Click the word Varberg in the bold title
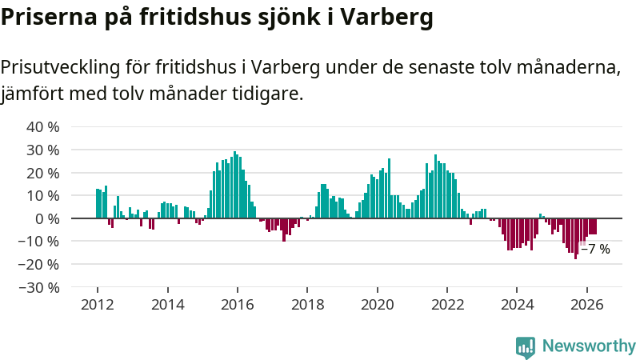click(386, 18)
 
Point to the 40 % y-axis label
click(43, 127)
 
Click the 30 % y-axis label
click(43, 150)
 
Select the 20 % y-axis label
click(43, 173)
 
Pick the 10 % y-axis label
click(43, 196)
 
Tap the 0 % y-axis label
click(47, 218)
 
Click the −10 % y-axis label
click(38, 242)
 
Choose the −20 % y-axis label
click(38, 265)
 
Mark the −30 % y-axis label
click(38, 288)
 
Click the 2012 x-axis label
click(97, 305)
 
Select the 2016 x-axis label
click(237, 305)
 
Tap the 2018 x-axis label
click(307, 305)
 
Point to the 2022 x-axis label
click(447, 305)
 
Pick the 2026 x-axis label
click(587, 305)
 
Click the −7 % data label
click(595, 249)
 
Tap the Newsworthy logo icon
click(526, 347)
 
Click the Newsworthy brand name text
click(589, 346)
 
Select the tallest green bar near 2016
click(234, 185)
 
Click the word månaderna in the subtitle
click(569, 67)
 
